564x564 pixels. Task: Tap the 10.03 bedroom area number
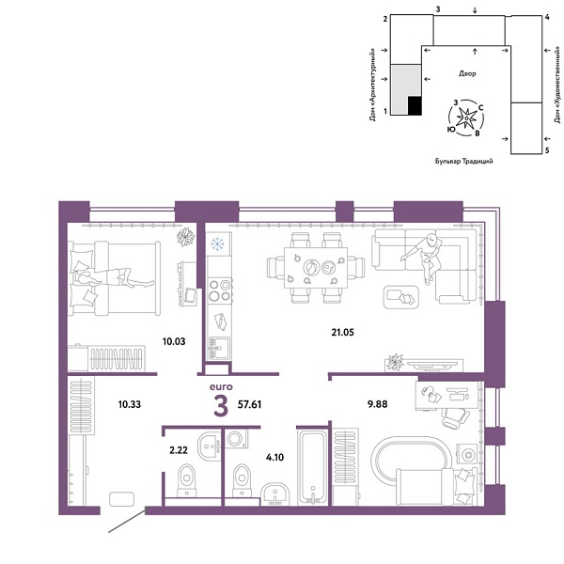[174, 341]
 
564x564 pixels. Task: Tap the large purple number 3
[221, 405]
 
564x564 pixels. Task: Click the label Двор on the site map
[467, 72]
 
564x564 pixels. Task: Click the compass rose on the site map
[467, 117]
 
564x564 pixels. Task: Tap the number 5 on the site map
[546, 149]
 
